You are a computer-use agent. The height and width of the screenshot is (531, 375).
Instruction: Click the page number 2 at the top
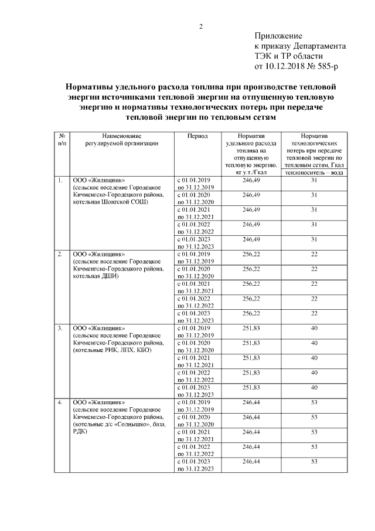pos(200,26)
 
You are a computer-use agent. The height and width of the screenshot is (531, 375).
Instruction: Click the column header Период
pos(197,136)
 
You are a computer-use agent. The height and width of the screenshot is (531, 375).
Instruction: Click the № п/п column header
pos(62,139)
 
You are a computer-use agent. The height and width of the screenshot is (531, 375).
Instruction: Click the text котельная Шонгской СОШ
pos(110,202)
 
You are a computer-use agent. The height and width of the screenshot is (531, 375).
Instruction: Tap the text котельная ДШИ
pos(96,276)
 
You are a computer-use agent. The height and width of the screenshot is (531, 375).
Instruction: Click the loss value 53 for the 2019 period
pos(314,401)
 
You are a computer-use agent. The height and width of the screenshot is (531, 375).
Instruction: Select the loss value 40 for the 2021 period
pos(314,357)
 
